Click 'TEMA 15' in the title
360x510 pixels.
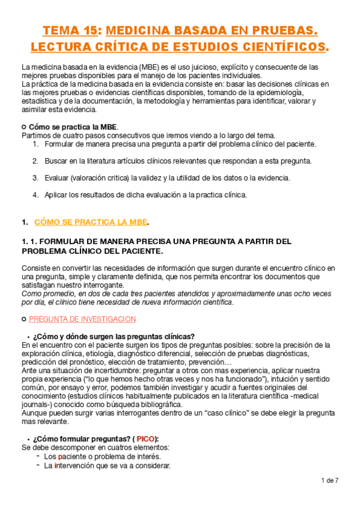coord(71,31)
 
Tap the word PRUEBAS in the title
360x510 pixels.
coord(281,31)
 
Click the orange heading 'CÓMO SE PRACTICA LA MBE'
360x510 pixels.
coord(90,222)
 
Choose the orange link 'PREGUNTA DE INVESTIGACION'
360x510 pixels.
coord(82,319)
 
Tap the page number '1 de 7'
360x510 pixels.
coord(330,481)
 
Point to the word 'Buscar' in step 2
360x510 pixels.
coord(55,161)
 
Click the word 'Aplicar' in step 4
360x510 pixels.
coord(56,195)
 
